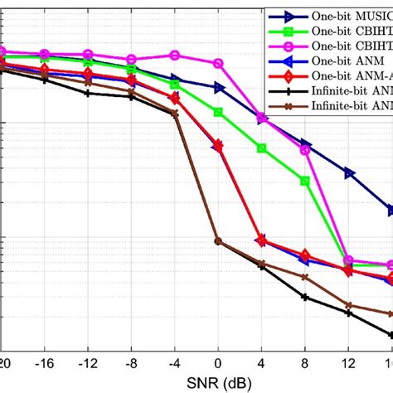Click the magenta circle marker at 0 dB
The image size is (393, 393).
218,63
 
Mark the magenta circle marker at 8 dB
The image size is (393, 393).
305,127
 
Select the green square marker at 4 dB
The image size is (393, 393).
262,125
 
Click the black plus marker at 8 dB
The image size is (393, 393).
305,297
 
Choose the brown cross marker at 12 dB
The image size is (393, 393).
349,306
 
